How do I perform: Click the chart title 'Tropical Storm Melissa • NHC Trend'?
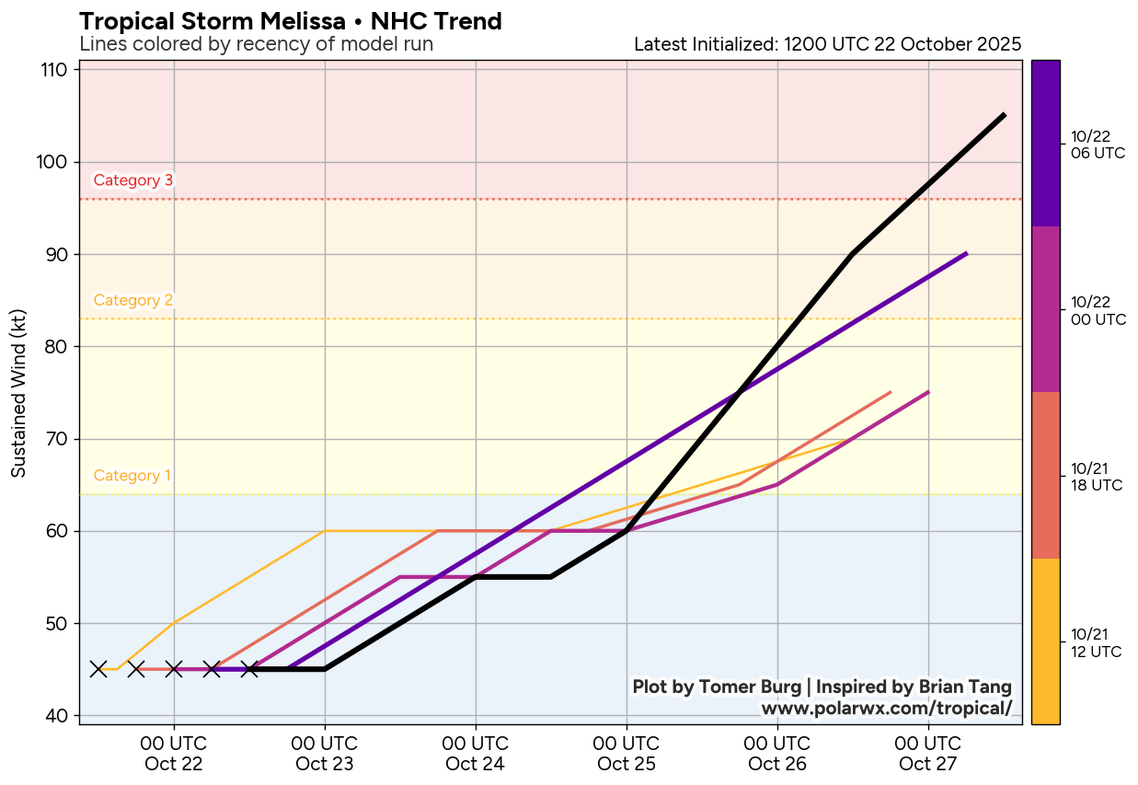[291, 21]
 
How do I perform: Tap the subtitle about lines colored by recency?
[256, 44]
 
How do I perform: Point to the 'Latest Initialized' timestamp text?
[827, 44]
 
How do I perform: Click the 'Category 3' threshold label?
[133, 180]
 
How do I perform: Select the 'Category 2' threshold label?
[133, 300]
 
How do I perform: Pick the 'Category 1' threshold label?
[132, 476]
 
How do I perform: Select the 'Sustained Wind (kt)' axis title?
[18, 392]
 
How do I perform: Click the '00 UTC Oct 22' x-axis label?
[174, 753]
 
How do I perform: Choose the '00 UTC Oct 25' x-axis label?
[626, 753]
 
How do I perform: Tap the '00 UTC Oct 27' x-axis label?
[928, 753]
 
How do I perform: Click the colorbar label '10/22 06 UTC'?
[1098, 144]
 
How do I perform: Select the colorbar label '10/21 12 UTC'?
[1096, 643]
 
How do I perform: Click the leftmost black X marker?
[98, 669]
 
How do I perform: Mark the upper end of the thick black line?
[1004, 115]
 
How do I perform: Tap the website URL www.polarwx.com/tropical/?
[886, 708]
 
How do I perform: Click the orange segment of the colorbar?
[1045, 641]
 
